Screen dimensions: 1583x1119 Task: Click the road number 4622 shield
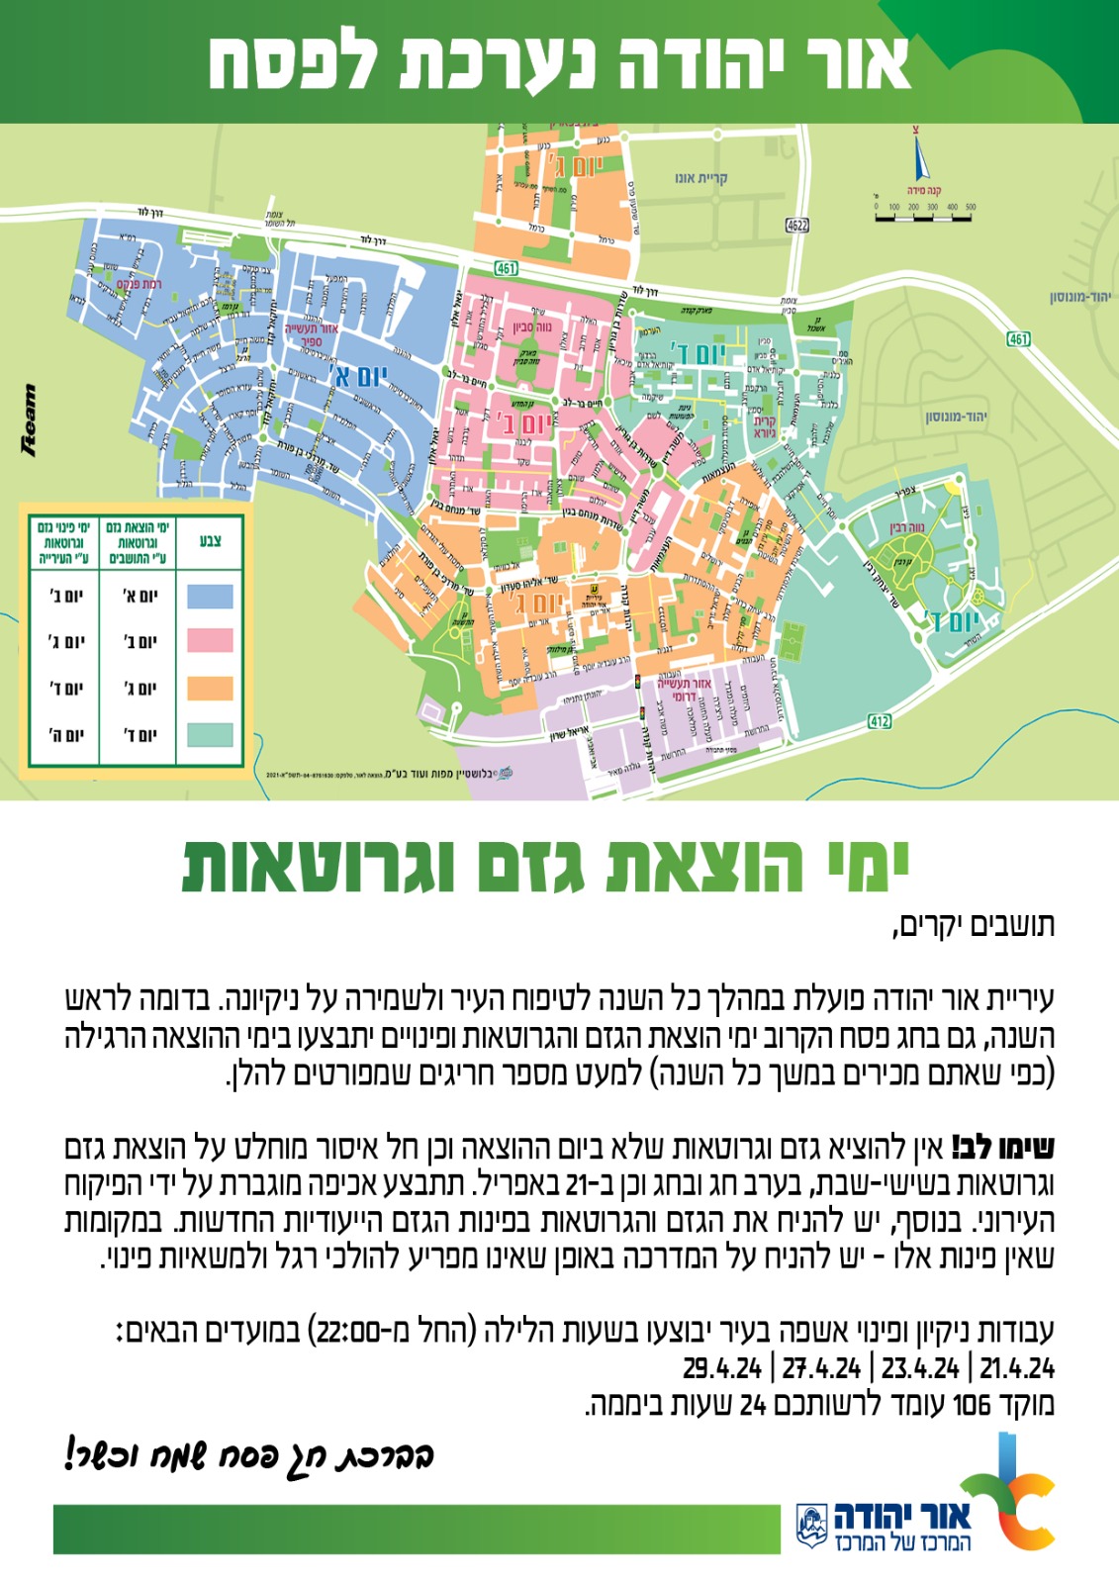(797, 226)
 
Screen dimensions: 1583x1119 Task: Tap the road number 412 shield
(880, 721)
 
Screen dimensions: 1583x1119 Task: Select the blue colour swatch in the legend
(210, 596)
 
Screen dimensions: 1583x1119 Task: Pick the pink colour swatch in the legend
(210, 641)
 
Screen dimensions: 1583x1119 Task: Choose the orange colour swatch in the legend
(210, 688)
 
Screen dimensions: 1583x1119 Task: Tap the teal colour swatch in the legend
(210, 734)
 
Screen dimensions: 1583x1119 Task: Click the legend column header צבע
(210, 540)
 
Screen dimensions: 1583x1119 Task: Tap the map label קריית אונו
(700, 178)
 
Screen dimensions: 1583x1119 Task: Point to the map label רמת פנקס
(139, 285)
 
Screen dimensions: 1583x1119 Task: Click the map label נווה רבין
(907, 528)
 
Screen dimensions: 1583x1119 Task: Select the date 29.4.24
(722, 1368)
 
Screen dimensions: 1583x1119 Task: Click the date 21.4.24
(1017, 1368)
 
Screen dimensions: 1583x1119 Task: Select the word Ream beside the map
(29, 420)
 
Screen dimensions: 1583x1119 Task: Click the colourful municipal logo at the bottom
(1009, 1492)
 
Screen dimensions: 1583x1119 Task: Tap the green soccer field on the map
(791, 642)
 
